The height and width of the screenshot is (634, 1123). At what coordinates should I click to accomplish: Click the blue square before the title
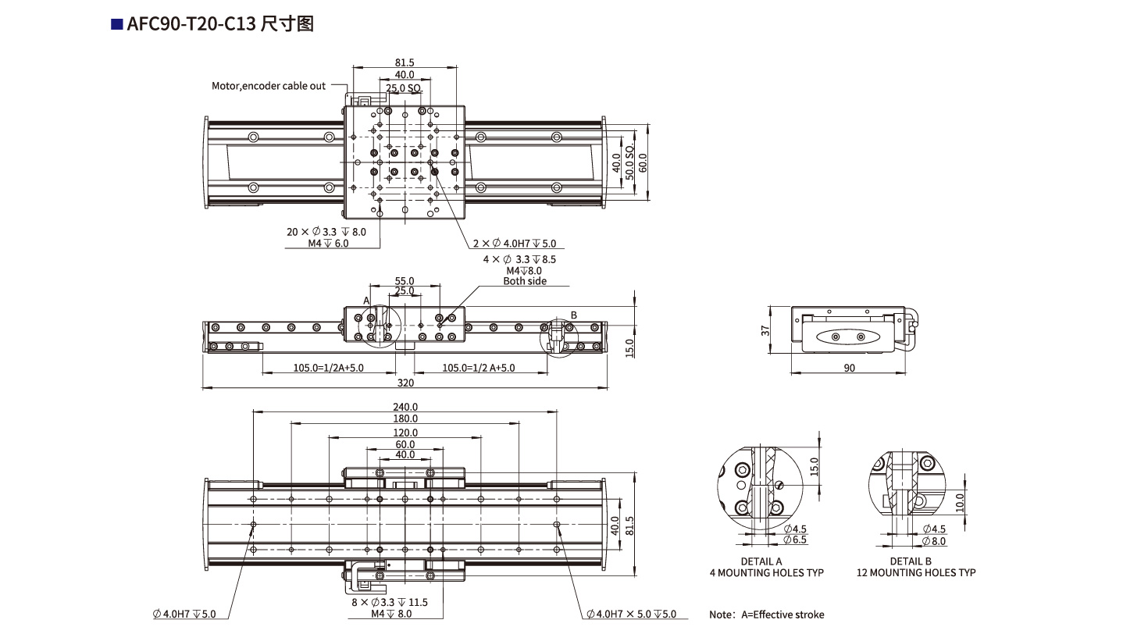[117, 25]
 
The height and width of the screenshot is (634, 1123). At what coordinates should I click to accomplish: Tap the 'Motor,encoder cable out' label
[269, 86]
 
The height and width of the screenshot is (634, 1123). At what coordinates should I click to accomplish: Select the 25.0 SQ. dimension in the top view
[404, 88]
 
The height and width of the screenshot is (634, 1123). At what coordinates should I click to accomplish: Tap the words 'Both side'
[524, 281]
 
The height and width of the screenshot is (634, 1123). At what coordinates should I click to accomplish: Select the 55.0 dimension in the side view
[405, 280]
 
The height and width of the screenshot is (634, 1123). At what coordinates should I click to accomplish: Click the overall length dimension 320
[405, 383]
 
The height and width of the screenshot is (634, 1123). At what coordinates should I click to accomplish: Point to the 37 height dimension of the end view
[766, 330]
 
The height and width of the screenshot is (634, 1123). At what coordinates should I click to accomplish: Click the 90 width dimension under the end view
[849, 368]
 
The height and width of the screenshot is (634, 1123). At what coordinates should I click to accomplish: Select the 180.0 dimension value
[405, 419]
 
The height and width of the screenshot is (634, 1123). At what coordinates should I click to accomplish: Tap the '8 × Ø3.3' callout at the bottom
[388, 603]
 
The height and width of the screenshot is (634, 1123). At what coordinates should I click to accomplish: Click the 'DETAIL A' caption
[761, 561]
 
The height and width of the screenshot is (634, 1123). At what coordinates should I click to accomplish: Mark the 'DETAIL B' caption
[911, 561]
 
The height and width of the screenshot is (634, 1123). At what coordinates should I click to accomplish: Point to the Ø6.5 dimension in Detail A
[795, 540]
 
